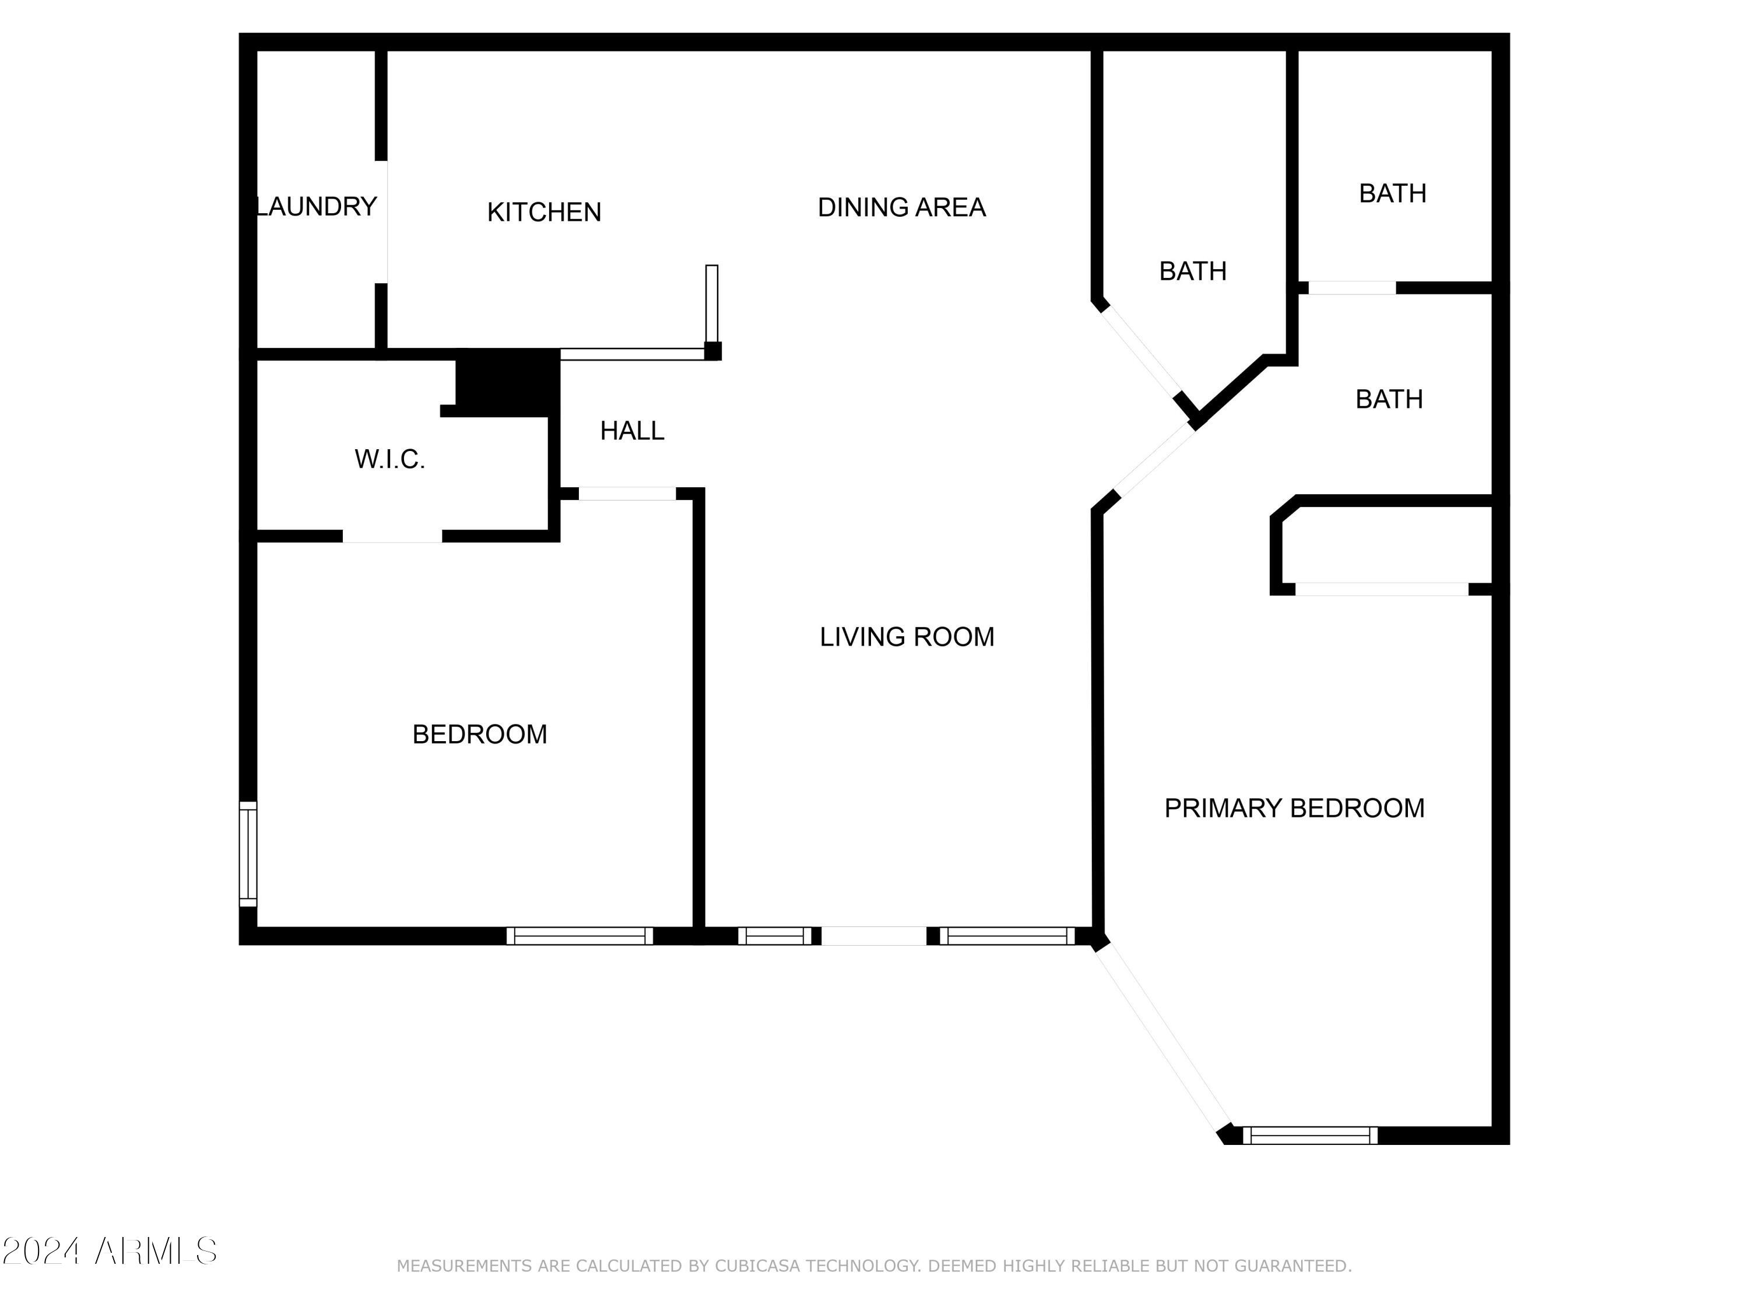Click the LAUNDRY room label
316,206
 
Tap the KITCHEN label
544,212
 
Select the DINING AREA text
901,207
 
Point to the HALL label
632,431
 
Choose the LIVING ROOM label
907,637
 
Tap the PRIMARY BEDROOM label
1294,808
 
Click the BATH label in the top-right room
1392,193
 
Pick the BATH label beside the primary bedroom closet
1389,399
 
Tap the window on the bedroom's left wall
248,854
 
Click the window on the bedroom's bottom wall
580,936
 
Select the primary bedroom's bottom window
1310,1136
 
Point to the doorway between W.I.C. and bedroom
392,537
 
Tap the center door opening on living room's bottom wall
874,936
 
